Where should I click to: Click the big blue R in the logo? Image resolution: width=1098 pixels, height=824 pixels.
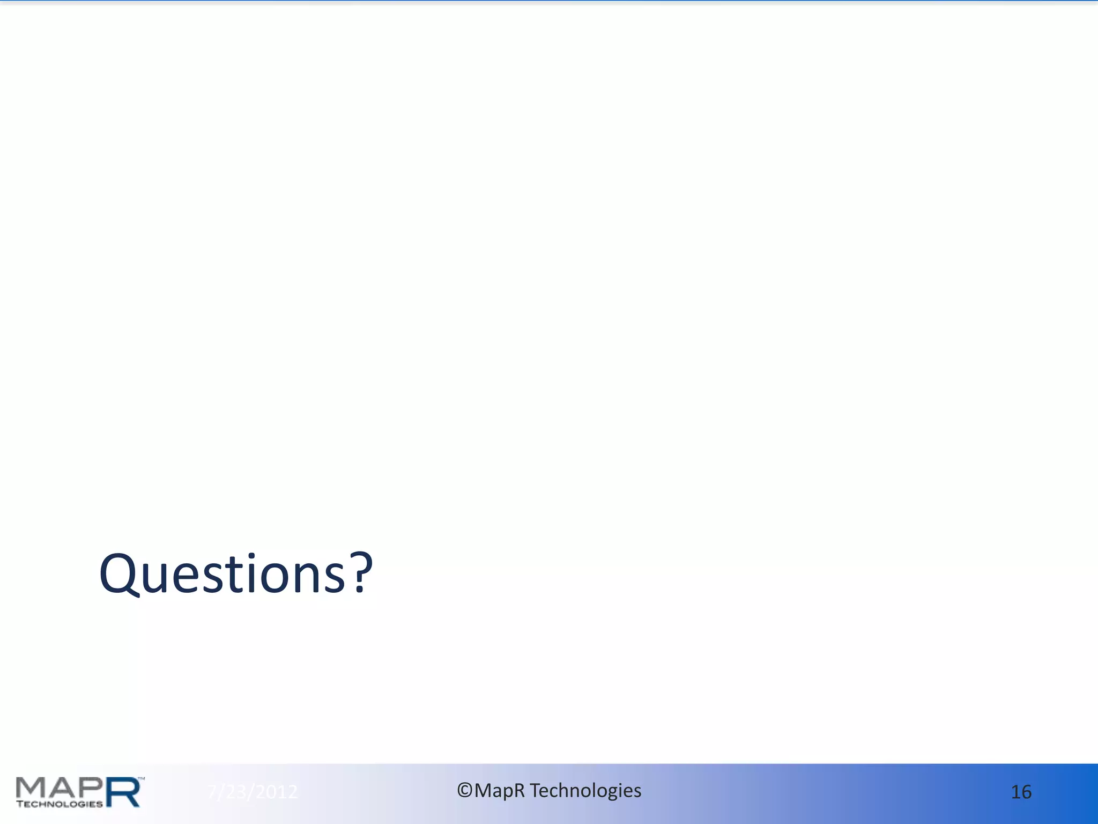123,792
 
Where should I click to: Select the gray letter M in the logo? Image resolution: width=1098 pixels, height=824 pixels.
32,787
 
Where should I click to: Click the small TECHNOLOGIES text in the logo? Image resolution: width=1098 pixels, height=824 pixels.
59,804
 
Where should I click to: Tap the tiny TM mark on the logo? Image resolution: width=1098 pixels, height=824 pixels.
142,777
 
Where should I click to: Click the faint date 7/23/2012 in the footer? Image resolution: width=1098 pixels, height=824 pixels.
252,792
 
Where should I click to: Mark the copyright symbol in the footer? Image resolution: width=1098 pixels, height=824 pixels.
464,790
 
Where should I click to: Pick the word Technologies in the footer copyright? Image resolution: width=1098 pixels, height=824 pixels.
585,791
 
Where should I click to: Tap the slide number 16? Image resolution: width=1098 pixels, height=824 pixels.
1021,792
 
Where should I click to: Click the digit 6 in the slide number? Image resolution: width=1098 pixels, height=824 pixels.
1026,792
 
